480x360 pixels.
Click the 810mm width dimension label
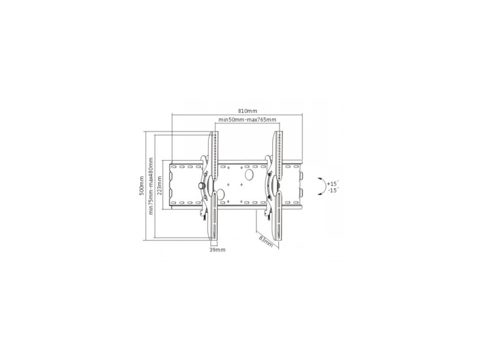point(248,111)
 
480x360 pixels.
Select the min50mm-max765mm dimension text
point(247,119)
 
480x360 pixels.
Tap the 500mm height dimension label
point(141,186)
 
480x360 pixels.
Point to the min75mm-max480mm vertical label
point(151,186)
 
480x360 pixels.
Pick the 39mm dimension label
point(217,250)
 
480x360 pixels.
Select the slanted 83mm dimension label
point(266,241)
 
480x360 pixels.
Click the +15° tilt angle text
point(332,184)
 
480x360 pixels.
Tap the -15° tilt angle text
point(332,190)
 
